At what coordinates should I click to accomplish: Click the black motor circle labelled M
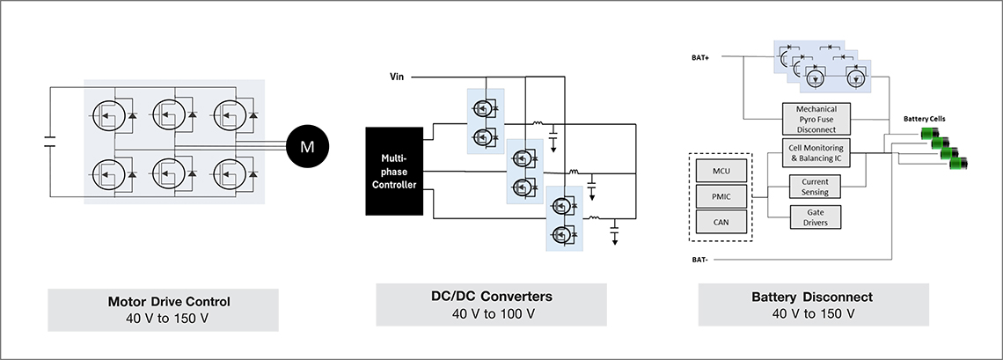308,147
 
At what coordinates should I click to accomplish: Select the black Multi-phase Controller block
394,171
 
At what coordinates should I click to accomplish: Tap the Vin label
397,77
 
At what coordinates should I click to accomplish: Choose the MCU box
721,172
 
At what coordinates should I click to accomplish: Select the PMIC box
721,196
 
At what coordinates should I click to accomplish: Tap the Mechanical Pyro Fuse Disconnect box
817,120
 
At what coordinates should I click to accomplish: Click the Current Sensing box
815,187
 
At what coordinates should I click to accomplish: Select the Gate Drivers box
815,217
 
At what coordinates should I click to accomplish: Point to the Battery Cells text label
924,119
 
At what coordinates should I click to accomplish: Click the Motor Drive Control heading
169,301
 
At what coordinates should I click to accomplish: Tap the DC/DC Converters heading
491,297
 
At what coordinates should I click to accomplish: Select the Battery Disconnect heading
812,298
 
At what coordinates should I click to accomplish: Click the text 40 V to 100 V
491,313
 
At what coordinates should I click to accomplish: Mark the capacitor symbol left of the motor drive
50,142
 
